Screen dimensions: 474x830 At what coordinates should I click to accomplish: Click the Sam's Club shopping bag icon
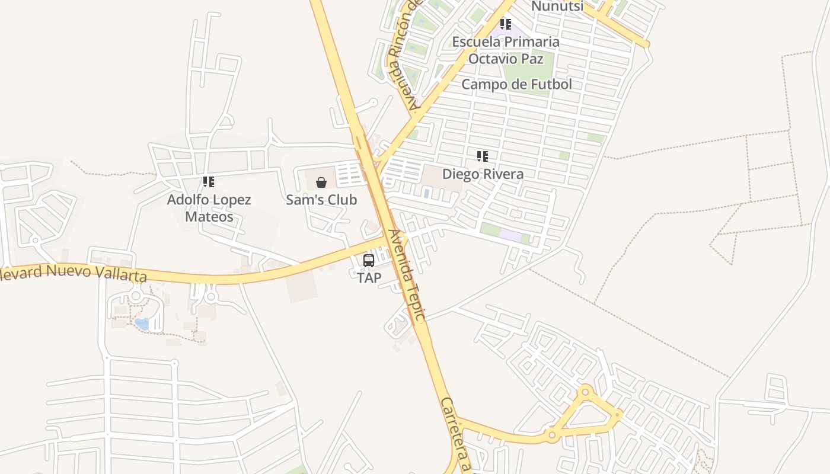321,182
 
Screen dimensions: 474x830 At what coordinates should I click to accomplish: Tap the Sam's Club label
321,200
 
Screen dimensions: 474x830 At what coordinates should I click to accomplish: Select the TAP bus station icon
369,260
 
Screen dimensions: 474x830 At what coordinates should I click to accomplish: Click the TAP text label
369,277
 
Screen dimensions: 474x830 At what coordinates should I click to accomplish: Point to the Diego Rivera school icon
483,156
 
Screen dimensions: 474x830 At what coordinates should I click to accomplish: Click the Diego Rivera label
483,174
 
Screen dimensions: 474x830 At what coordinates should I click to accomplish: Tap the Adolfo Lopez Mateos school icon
208,182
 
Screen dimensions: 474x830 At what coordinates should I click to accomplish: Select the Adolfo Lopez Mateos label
209,208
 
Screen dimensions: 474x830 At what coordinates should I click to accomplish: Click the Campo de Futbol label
516,84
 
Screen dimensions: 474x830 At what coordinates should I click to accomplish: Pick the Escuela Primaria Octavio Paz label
506,50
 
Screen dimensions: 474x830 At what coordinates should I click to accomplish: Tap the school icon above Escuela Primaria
505,24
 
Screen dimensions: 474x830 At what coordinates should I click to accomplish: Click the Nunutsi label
557,7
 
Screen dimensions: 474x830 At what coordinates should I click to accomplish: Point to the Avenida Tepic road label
406,276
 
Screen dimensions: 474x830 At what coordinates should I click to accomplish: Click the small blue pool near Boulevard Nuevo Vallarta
142,324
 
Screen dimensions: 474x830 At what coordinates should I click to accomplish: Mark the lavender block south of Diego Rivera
510,235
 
